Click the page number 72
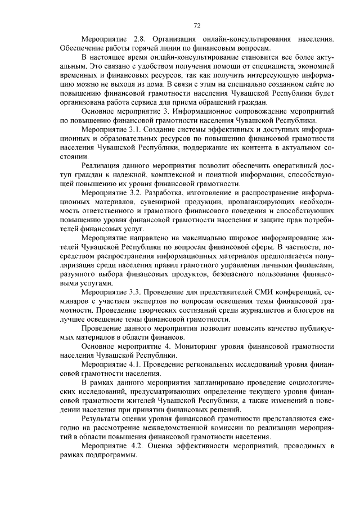[197, 25]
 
